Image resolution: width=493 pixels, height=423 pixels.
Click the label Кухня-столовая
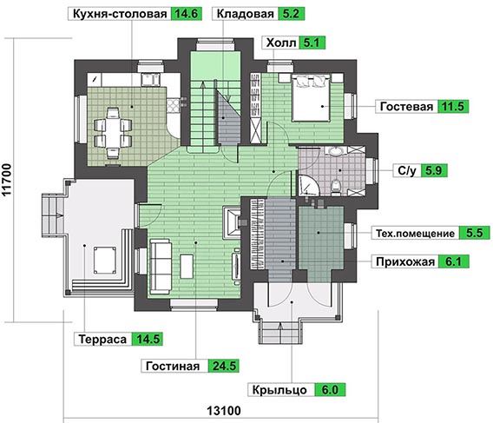coord(120,14)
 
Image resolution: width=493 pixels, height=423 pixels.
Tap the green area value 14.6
coord(186,14)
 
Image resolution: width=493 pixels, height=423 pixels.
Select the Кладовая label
coord(246,14)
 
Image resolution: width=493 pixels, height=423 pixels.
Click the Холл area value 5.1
coord(312,43)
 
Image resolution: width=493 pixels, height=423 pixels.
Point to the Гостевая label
coord(406,107)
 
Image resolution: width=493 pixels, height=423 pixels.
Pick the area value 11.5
coord(453,107)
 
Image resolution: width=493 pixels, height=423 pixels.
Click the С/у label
coord(407,170)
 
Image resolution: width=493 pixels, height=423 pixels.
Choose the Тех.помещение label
coord(415,234)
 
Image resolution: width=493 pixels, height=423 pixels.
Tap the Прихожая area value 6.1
coord(453,261)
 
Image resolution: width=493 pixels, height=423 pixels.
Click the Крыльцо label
coord(279,390)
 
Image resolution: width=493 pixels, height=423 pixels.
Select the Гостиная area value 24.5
coord(224,366)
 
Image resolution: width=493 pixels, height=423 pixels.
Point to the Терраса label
coord(102,340)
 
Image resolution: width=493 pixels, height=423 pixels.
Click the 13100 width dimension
coord(224,411)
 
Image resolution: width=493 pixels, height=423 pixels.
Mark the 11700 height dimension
coord(7,180)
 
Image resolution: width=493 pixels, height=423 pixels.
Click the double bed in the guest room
coord(312,97)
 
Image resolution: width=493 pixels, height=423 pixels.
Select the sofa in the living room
coord(161,267)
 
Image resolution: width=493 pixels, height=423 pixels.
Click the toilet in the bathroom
coord(336,186)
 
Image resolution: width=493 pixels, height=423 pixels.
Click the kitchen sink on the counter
coord(150,80)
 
